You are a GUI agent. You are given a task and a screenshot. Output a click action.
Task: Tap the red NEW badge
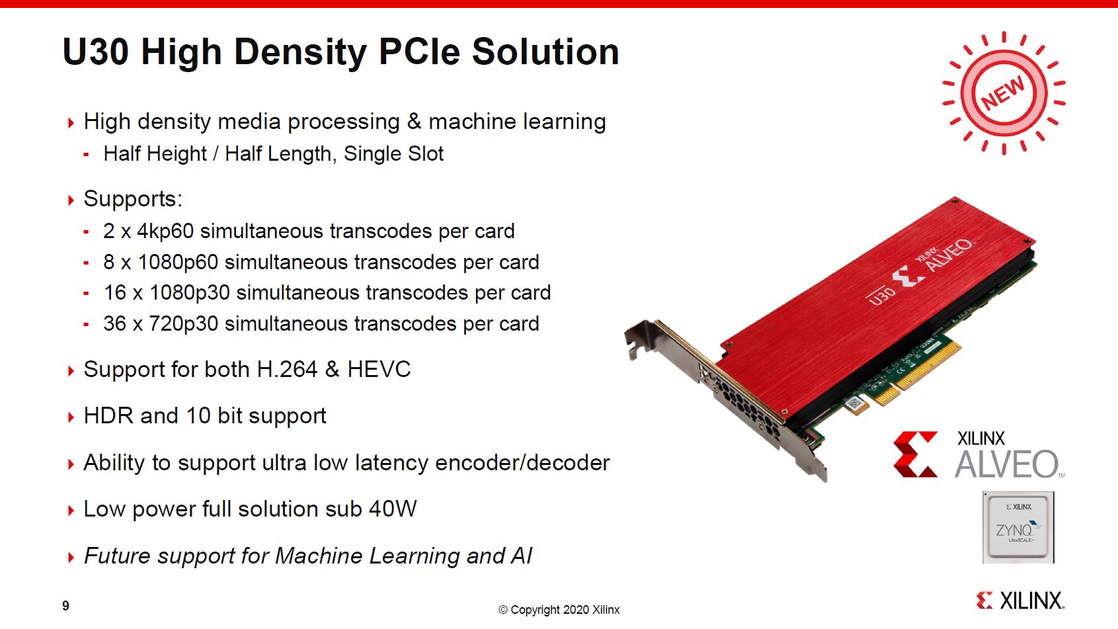click(x=1004, y=93)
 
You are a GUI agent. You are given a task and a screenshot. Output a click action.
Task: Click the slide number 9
click(x=66, y=606)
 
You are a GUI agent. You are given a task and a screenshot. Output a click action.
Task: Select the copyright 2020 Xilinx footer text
click(x=559, y=610)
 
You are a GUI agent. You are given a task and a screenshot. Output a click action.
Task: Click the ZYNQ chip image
click(x=1018, y=527)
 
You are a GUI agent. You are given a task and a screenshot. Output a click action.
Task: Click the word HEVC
click(x=379, y=370)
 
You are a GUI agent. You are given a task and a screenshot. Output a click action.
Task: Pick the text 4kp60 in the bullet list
click(x=165, y=231)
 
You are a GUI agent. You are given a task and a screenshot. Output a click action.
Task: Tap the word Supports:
click(x=133, y=199)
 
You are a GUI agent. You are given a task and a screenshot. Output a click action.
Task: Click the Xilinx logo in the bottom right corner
click(x=1020, y=600)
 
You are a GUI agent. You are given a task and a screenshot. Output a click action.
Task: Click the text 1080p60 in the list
click(x=178, y=263)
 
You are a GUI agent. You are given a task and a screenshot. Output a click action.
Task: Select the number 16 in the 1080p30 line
click(x=115, y=293)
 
